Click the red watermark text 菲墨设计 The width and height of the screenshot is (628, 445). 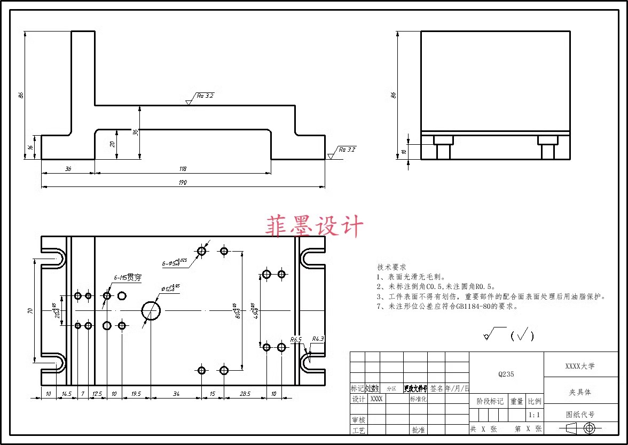tap(315, 226)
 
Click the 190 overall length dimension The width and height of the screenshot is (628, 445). tap(183, 183)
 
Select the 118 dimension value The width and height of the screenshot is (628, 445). tap(183, 169)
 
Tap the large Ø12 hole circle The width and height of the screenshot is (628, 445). tap(151, 310)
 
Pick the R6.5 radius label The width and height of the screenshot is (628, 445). tap(296, 339)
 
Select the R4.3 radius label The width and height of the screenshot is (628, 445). tap(318, 339)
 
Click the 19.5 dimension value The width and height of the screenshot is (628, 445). tap(136, 394)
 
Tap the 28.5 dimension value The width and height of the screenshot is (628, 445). tap(245, 394)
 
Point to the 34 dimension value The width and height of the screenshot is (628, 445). tap(176, 394)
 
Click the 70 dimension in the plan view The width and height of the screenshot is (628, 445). tap(30, 311)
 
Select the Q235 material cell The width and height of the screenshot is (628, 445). tap(506, 374)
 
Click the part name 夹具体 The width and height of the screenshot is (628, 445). tap(580, 392)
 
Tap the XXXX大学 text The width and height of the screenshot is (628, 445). tap(580, 366)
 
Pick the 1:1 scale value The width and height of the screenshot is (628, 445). tap(533, 415)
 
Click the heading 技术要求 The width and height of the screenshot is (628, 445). tap(392, 267)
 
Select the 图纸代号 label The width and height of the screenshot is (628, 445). tap(580, 414)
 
